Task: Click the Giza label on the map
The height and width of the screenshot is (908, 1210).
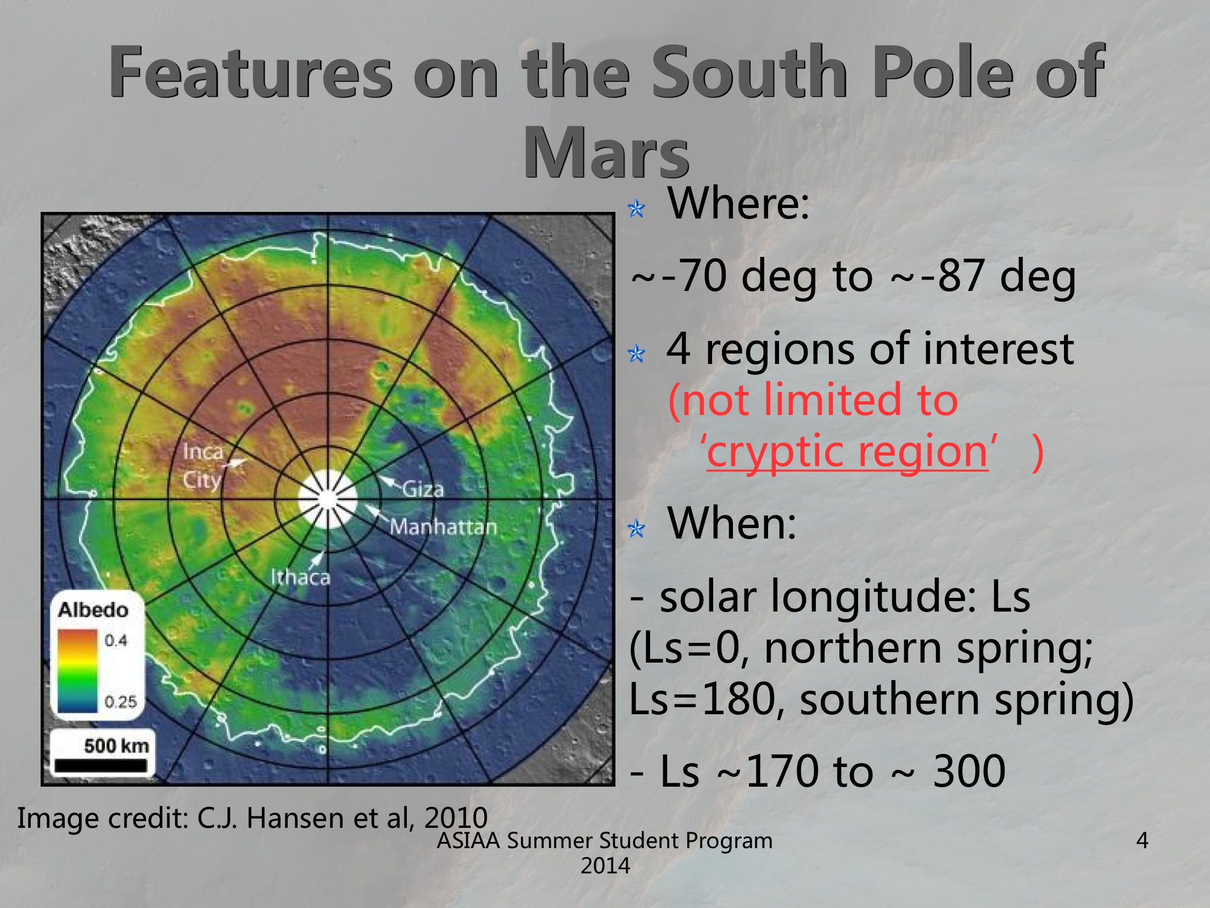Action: pyautogui.click(x=423, y=488)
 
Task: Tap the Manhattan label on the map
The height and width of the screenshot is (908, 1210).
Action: pyautogui.click(x=443, y=527)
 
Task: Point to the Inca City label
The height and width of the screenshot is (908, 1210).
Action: pyautogui.click(x=203, y=466)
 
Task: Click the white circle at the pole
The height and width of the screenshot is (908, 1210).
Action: pyautogui.click(x=328, y=499)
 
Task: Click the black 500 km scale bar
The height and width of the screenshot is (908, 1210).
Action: pyautogui.click(x=101, y=765)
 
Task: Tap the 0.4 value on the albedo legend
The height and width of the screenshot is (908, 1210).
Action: pyautogui.click(x=116, y=640)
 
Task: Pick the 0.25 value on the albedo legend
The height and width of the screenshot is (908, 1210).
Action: pyautogui.click(x=121, y=702)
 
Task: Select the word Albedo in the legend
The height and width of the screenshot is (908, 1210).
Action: pyautogui.click(x=93, y=610)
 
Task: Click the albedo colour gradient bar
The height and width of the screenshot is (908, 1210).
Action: pyautogui.click(x=77, y=670)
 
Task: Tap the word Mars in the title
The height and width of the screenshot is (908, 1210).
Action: pyautogui.click(x=606, y=152)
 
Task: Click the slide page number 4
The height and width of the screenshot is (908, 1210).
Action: pyautogui.click(x=1142, y=840)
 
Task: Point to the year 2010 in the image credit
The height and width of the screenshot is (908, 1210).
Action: pyautogui.click(x=456, y=817)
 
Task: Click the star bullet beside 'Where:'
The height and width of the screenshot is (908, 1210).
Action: pyautogui.click(x=636, y=209)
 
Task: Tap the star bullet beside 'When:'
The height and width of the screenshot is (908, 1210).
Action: pyautogui.click(x=636, y=529)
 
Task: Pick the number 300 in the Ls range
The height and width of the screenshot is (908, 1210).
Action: pyautogui.click(x=969, y=771)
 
